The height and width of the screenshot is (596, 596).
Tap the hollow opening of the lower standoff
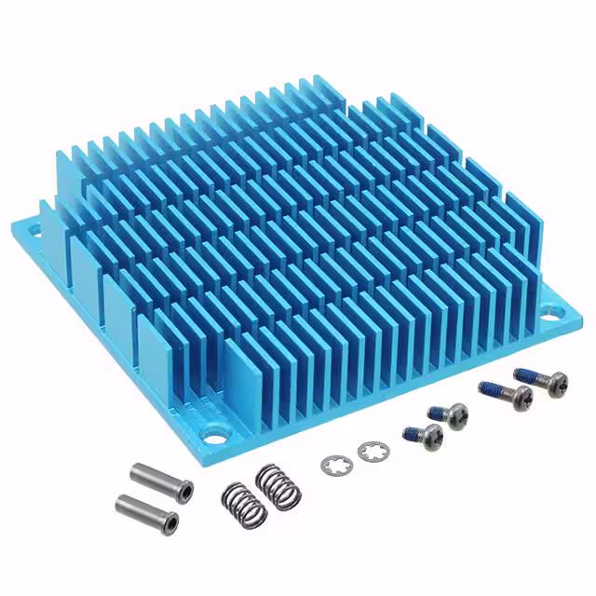click(x=173, y=518)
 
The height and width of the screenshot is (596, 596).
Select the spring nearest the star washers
click(x=275, y=482)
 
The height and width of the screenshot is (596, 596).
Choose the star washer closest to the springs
click(x=333, y=463)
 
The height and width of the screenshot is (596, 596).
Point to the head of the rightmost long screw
click(x=555, y=384)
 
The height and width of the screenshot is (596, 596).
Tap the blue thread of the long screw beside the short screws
click(x=489, y=387)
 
